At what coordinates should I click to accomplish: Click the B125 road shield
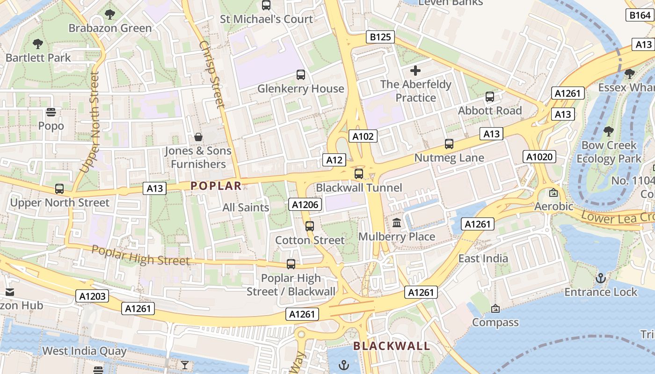[x=380, y=37]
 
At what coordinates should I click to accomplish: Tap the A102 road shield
[x=363, y=136]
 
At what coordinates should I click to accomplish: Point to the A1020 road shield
[x=539, y=157]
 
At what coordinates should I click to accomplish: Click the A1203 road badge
[x=93, y=296]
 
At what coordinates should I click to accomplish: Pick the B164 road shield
[x=640, y=15]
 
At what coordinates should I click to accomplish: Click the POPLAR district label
[x=216, y=186]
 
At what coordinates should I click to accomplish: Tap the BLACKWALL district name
[x=392, y=346]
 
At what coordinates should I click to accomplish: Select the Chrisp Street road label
[x=212, y=75]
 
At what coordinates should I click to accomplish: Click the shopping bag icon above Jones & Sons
[x=198, y=137]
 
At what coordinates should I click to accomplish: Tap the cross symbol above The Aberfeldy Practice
[x=415, y=71]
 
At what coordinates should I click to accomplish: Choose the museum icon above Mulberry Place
[x=397, y=223]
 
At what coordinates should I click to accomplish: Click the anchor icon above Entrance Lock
[x=601, y=279]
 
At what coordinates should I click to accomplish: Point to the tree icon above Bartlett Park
[x=38, y=44]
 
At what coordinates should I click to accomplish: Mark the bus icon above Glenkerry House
[x=301, y=75]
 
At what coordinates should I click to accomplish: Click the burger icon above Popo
[x=51, y=112]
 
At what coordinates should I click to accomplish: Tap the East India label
[x=483, y=259]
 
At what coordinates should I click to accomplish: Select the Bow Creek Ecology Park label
[x=609, y=152]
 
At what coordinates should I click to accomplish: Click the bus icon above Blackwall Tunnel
[x=359, y=174]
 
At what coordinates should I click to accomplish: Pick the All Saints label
[x=246, y=207]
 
